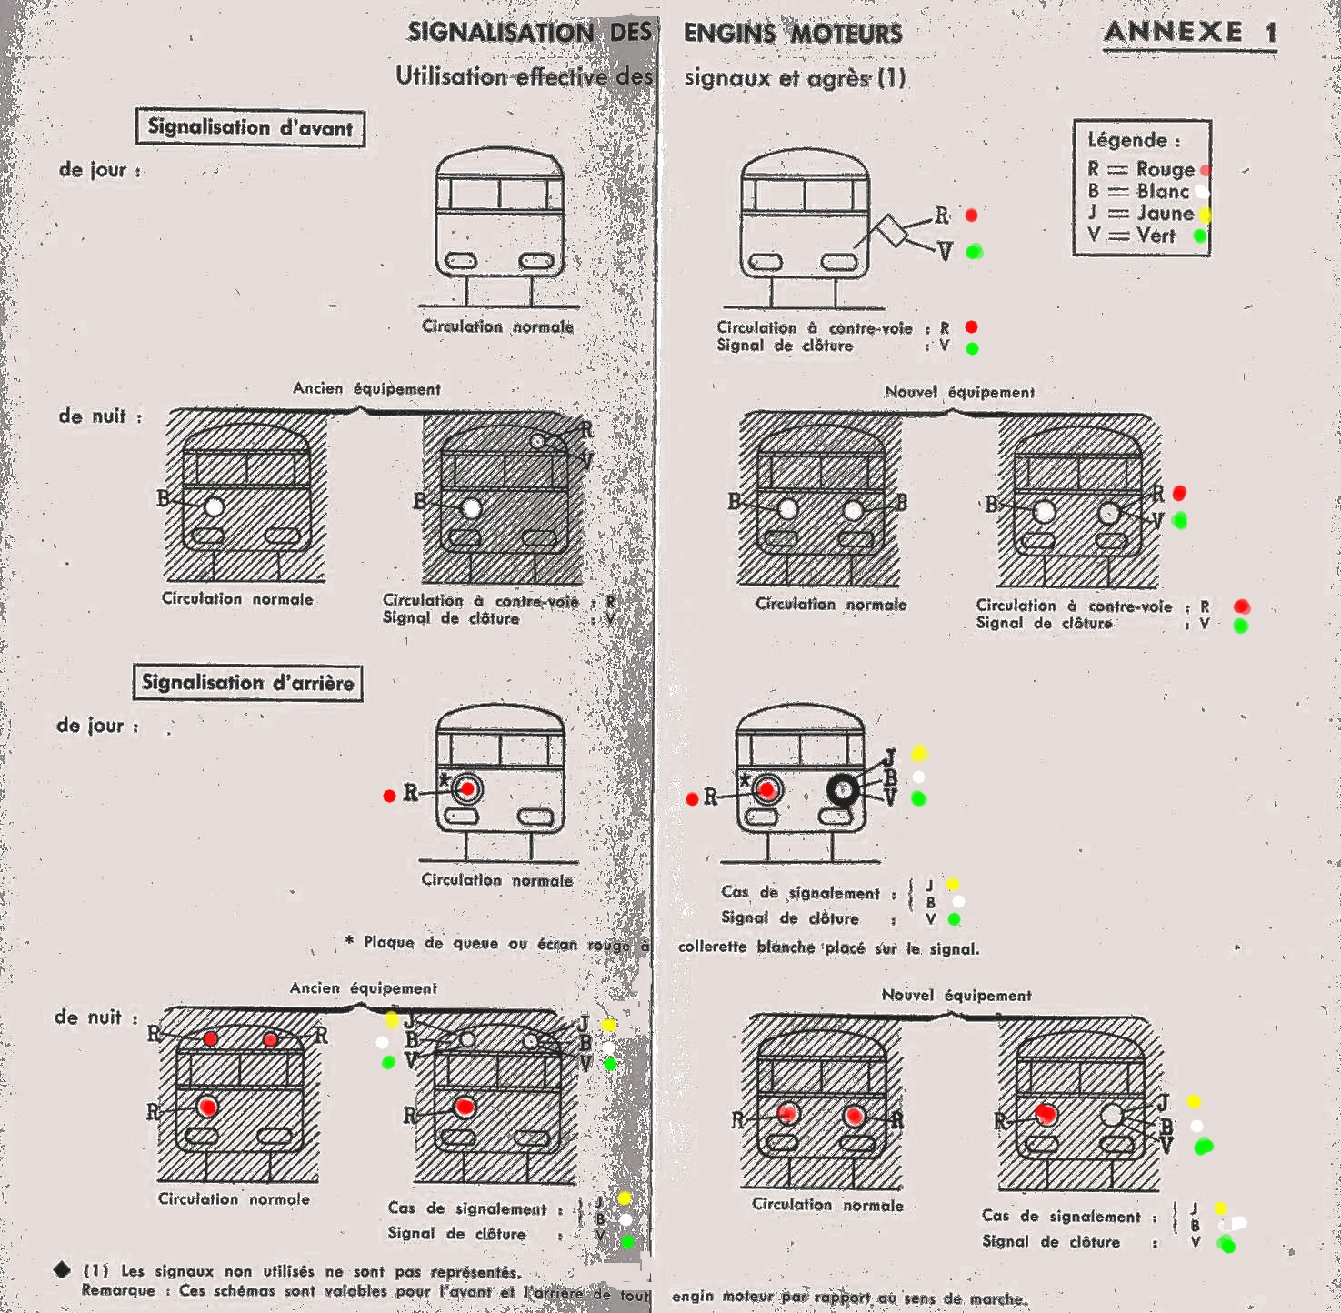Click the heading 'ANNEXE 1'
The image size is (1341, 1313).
[1189, 33]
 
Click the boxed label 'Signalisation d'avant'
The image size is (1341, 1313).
[250, 127]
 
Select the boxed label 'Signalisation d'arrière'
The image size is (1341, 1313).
[247, 683]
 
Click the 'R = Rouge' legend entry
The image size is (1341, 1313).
[1142, 169]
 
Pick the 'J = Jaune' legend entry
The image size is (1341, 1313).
[1142, 214]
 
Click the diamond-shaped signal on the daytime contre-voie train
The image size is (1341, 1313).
[891, 231]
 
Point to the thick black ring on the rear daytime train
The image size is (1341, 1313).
[844, 789]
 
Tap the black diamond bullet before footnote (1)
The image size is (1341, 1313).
[62, 1269]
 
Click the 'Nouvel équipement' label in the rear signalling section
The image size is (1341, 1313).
[956, 996]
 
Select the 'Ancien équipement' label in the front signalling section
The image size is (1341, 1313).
[366, 389]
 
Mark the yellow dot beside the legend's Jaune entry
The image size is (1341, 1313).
[1205, 215]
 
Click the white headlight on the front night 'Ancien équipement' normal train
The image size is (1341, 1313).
[215, 506]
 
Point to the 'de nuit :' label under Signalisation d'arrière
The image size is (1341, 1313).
[96, 1017]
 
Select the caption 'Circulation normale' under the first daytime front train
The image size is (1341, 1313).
[497, 326]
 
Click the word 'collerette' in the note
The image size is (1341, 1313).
[712, 947]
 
